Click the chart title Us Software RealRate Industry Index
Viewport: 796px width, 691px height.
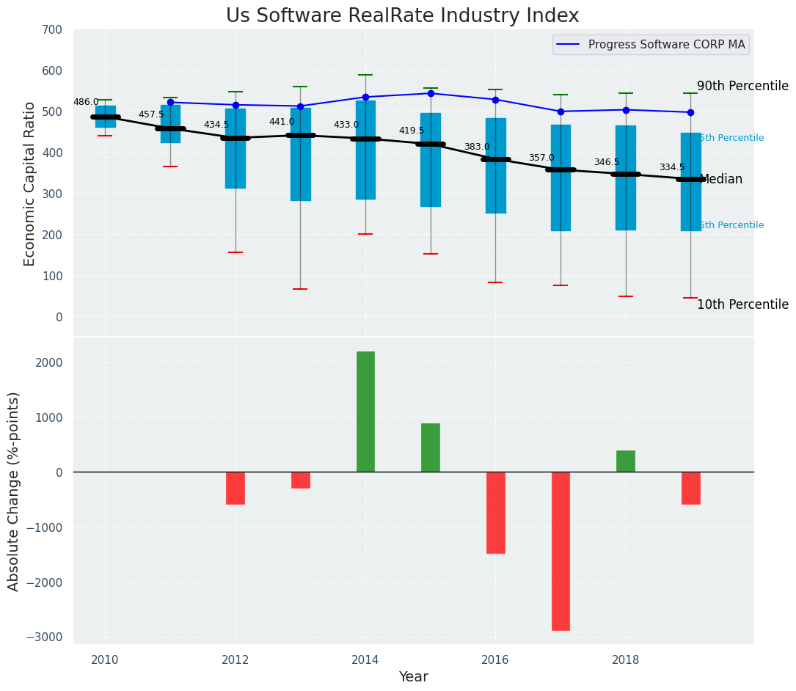click(x=402, y=16)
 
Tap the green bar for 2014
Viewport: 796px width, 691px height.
click(x=365, y=412)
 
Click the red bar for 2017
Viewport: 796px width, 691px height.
click(x=561, y=551)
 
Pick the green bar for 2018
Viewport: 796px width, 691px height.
click(x=626, y=461)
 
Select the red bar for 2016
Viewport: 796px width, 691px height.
click(x=496, y=512)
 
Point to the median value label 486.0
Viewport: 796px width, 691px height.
click(x=86, y=102)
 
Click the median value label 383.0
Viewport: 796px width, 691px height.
click(x=477, y=147)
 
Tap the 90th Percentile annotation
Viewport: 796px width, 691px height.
click(x=742, y=86)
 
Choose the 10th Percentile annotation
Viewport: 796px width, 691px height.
click(x=742, y=304)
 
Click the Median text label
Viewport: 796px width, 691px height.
click(x=722, y=180)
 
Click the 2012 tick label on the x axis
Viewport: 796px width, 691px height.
click(x=235, y=659)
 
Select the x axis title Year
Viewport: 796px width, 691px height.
click(x=414, y=677)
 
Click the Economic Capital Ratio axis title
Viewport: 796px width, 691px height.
click(x=30, y=183)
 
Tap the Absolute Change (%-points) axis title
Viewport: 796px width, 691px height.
click(x=14, y=491)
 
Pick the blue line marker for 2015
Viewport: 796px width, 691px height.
click(x=431, y=93)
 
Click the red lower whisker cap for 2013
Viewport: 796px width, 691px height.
click(x=300, y=289)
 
